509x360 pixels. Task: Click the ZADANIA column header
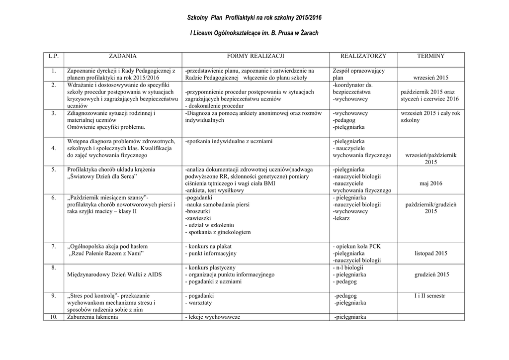(x=122, y=56)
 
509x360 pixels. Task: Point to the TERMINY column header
(x=431, y=56)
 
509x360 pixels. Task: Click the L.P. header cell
(x=53, y=56)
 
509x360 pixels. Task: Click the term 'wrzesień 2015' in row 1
(x=431, y=78)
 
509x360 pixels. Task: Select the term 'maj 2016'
(x=431, y=183)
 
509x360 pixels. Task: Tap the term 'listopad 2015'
(x=431, y=254)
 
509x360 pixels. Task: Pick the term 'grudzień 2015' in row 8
(x=431, y=274)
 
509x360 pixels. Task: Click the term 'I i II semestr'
(x=431, y=296)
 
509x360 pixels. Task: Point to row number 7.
(x=54, y=247)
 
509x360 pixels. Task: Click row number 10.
(x=54, y=317)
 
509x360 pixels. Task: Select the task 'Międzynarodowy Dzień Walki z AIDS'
(x=114, y=274)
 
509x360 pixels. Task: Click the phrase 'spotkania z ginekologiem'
(x=219, y=232)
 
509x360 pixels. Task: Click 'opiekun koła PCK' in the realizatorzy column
(x=358, y=247)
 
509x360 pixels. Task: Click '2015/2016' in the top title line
(x=309, y=17)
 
